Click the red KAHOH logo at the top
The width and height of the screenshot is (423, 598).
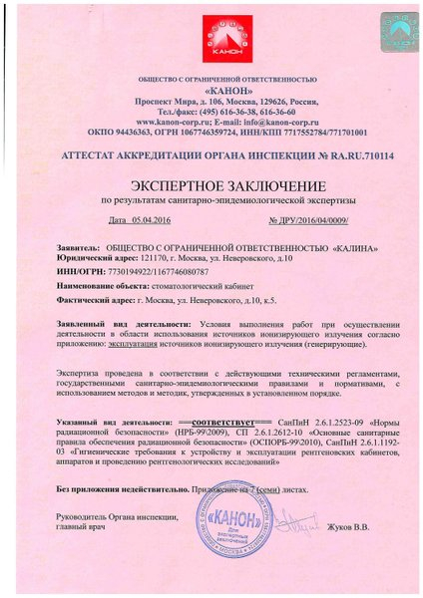pos(211,40)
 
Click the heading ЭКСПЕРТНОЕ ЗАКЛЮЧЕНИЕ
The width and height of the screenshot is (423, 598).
pos(211,186)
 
